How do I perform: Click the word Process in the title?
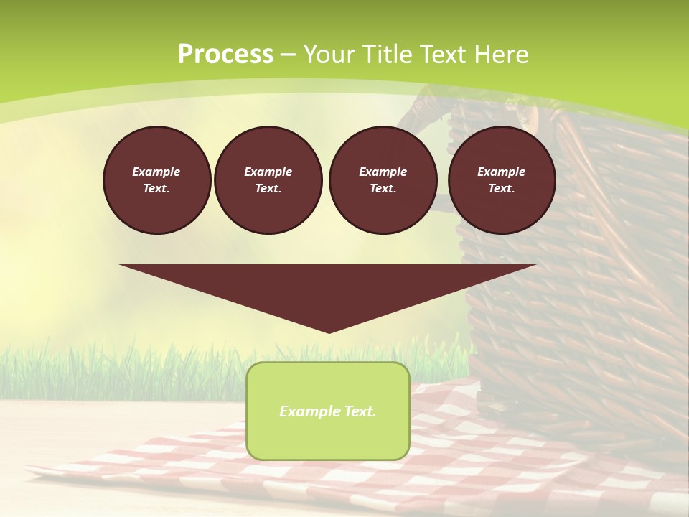click(225, 55)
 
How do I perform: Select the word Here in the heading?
click(500, 55)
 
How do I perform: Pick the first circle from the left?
click(157, 180)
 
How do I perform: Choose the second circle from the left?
click(268, 180)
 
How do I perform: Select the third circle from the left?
click(383, 180)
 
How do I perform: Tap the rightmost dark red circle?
click(502, 180)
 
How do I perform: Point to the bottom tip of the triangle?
click(329, 332)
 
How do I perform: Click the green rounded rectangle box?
click(328, 411)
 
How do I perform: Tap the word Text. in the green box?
click(359, 411)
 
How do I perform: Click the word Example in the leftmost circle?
click(156, 172)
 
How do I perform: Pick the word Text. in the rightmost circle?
click(502, 189)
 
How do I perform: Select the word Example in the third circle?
click(383, 172)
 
